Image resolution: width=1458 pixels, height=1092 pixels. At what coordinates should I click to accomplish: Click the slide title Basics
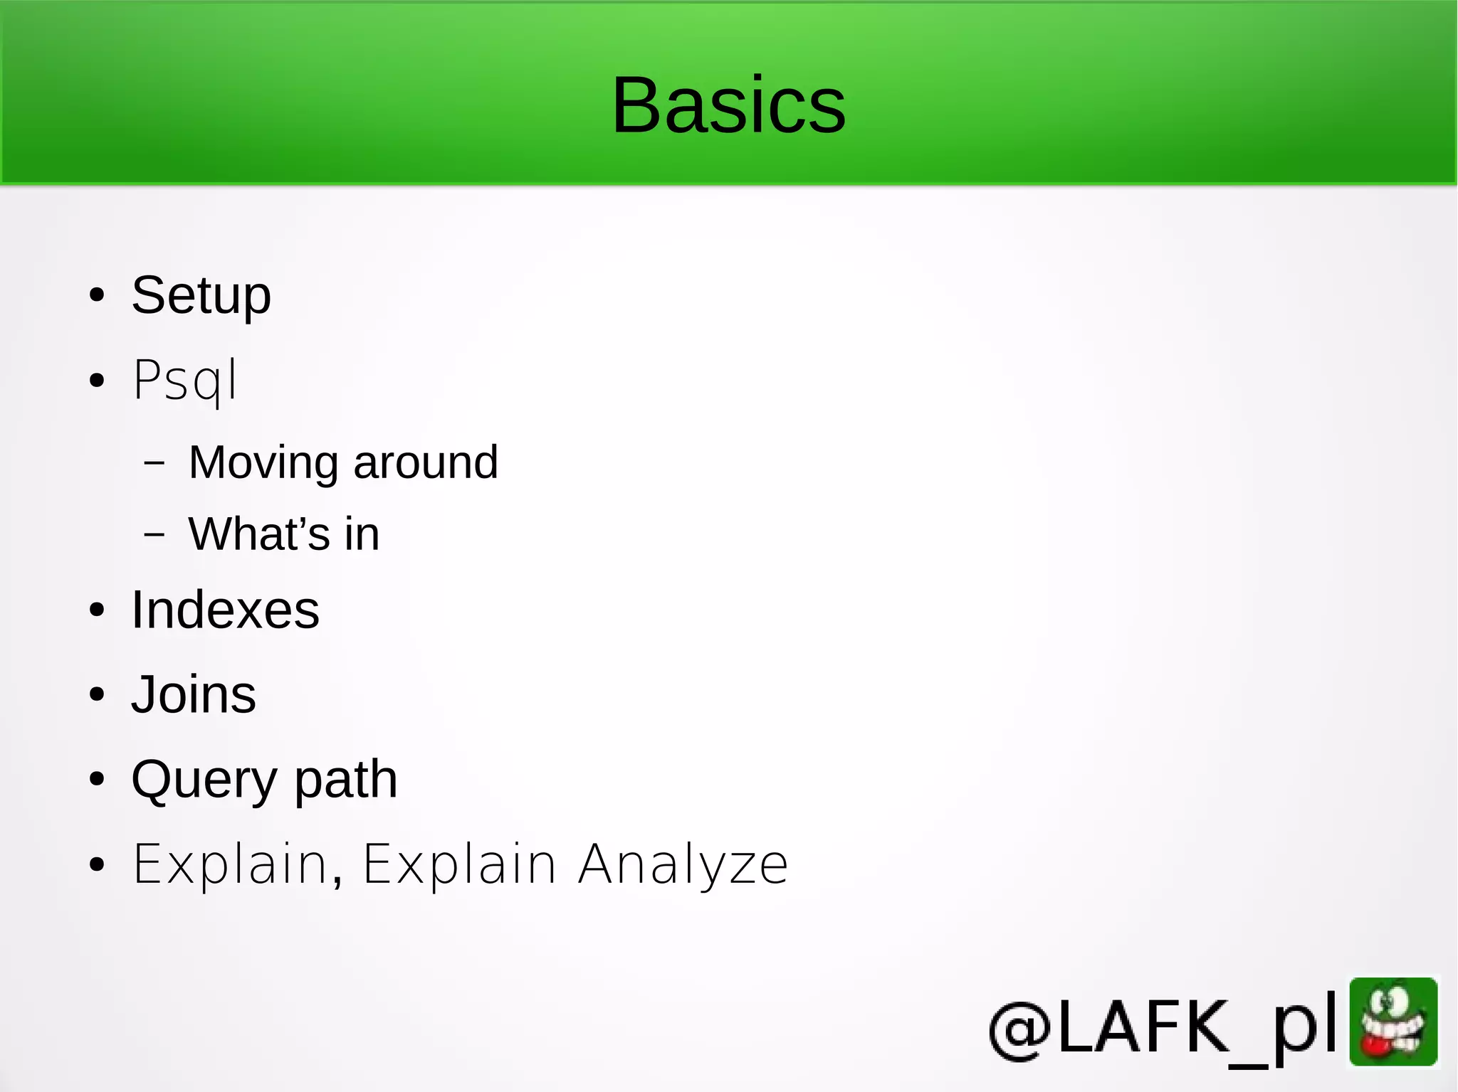728,105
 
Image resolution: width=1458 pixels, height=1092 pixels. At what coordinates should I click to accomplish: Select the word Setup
201,295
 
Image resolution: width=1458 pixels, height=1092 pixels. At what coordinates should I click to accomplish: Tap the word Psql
185,381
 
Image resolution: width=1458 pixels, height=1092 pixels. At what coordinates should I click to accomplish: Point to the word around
426,463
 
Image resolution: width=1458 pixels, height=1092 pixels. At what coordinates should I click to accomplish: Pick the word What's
259,534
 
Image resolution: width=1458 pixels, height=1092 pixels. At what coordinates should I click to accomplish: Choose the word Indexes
225,610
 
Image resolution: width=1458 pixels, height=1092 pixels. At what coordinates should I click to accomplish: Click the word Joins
194,694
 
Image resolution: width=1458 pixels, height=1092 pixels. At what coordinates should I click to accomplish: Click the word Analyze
683,864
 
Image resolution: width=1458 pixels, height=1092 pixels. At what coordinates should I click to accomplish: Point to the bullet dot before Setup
97,296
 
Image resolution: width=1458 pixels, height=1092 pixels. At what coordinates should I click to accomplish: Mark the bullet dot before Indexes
97,610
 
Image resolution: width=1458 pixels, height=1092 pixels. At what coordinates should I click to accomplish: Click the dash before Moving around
154,463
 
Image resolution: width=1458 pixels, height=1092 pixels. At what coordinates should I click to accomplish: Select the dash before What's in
154,534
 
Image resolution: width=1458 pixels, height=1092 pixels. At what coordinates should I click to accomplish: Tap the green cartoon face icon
1393,1022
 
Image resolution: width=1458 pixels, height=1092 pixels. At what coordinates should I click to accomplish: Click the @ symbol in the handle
1020,1029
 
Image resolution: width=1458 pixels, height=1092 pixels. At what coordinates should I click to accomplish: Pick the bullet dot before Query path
97,780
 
